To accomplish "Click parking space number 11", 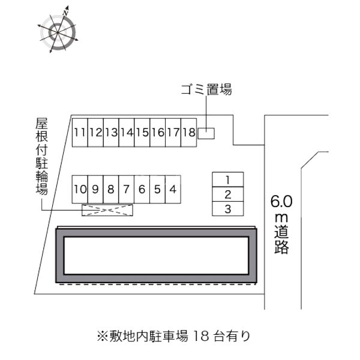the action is click(x=80, y=133).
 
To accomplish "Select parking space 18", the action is click(x=189, y=133).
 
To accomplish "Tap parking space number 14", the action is click(x=127, y=133).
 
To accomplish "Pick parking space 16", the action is click(x=158, y=133).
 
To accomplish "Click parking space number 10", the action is click(x=80, y=190).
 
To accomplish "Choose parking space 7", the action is click(x=127, y=190).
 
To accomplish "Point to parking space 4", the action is click(x=173, y=190).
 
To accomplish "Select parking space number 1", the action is click(x=228, y=179).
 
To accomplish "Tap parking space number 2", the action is click(x=228, y=194).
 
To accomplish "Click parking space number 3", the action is click(x=228, y=209).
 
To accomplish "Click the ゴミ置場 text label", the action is click(x=206, y=89).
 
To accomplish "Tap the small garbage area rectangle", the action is click(x=206, y=133).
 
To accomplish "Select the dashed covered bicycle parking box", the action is click(x=107, y=210).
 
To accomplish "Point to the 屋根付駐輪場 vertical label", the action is click(x=42, y=156).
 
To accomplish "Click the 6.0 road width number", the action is click(x=281, y=202).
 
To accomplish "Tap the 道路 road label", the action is click(x=281, y=239).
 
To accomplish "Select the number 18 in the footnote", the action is click(x=201, y=336).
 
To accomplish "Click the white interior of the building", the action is click(x=156, y=256).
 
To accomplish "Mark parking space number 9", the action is click(x=95, y=190).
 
